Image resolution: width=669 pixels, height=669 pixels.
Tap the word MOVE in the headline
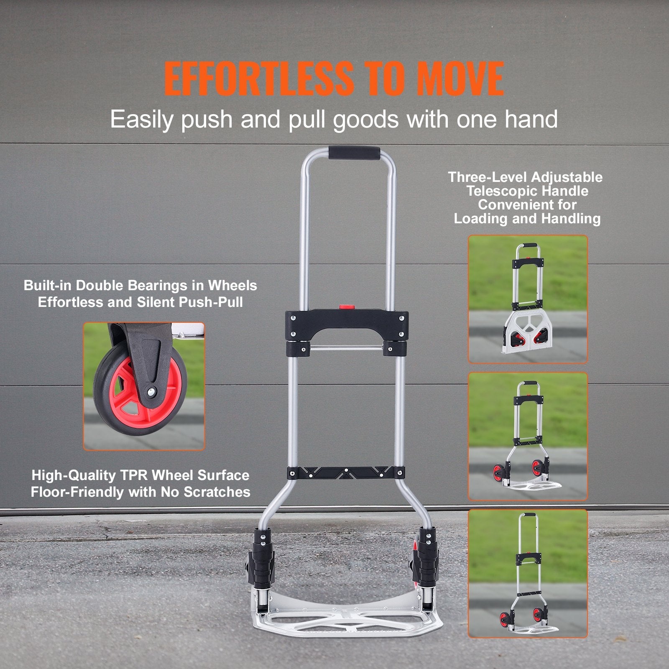[460, 79]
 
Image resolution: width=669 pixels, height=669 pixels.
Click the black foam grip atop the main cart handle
[354, 152]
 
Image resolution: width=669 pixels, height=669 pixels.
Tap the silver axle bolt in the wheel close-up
[149, 391]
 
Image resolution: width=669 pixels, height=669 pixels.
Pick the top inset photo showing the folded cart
[528, 299]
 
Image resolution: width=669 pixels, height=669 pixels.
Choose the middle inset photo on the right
[528, 436]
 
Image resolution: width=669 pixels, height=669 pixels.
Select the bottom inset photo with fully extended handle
[528, 573]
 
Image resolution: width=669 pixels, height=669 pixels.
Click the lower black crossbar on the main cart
[346, 473]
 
